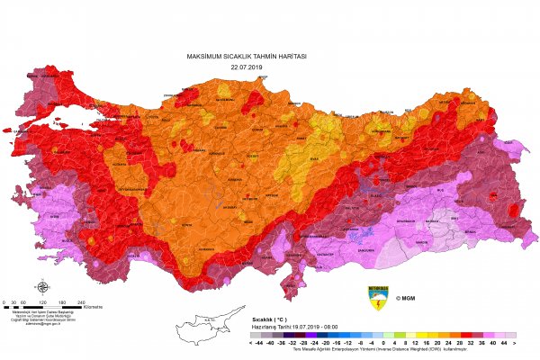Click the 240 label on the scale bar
[x=82, y=302]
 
